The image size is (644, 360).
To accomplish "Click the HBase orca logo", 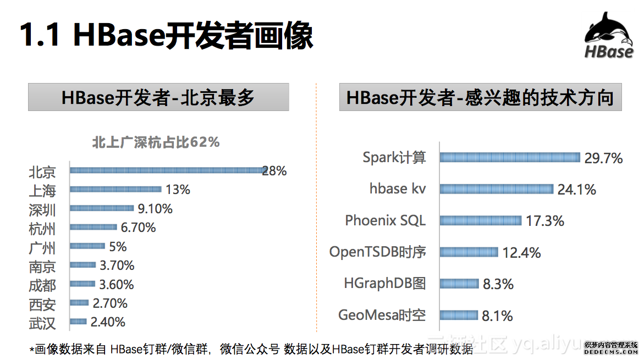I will pyautogui.click(x=609, y=36).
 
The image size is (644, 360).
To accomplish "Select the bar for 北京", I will pyautogui.click(x=168, y=170).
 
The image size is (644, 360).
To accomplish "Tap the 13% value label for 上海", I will pyautogui.click(x=178, y=190).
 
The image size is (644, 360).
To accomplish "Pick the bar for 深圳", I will pyautogui.click(x=102, y=208).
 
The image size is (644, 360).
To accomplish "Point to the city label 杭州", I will pyautogui.click(x=42, y=229).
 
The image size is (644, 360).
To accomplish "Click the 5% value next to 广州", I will pyautogui.click(x=118, y=246).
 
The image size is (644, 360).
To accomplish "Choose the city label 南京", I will pyautogui.click(x=42, y=267).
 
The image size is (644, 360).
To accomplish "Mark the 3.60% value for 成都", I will pyautogui.click(x=117, y=284).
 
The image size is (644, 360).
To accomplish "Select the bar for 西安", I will pyautogui.click(x=80, y=302).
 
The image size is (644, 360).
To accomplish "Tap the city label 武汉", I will pyautogui.click(x=42, y=323).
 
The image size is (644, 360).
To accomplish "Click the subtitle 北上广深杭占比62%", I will pyautogui.click(x=156, y=142).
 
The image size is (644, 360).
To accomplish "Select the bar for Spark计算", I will pyautogui.click(x=510, y=158).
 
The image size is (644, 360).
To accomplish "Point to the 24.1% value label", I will pyautogui.click(x=576, y=190).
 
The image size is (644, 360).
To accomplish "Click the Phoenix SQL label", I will pyautogui.click(x=385, y=220).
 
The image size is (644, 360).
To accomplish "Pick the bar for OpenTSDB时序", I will pyautogui.click(x=469, y=252).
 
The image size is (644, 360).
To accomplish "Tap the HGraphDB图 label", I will pyautogui.click(x=384, y=284).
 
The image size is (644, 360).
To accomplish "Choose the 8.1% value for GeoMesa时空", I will pyautogui.click(x=497, y=316).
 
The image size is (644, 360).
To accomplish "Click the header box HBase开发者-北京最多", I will pyautogui.click(x=158, y=97).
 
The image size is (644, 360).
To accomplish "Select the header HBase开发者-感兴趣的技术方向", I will pyautogui.click(x=480, y=97).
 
